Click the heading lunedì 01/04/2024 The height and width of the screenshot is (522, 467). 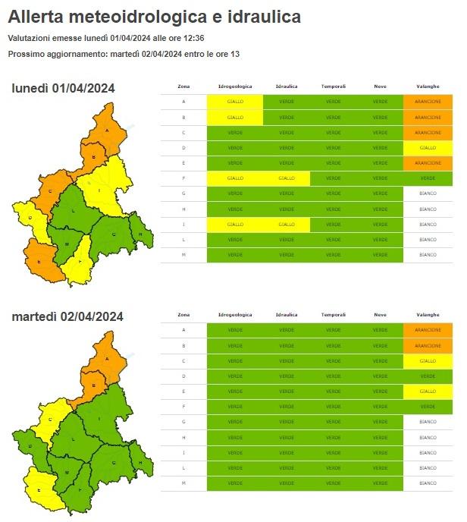[63, 89]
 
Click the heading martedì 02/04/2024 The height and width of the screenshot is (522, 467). [67, 316]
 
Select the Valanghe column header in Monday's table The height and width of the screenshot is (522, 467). [428, 86]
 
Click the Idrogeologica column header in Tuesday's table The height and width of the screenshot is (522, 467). [234, 314]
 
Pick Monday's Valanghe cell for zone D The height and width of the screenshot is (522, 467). [428, 147]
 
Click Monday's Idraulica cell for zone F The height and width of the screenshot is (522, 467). [287, 178]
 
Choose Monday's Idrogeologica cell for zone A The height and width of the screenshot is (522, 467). [234, 101]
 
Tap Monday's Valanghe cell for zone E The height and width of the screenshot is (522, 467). [428, 163]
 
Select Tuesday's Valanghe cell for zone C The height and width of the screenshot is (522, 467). [428, 360]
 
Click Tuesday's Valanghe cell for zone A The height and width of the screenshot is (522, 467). [428, 329]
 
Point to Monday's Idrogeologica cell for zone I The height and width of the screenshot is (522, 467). [234, 225]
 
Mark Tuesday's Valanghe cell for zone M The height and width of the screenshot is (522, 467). [428, 483]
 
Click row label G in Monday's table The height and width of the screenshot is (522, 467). [183, 193]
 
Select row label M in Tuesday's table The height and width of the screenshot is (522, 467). [183, 483]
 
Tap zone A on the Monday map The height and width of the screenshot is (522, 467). [107, 130]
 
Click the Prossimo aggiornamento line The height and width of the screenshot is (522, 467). [124, 54]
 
